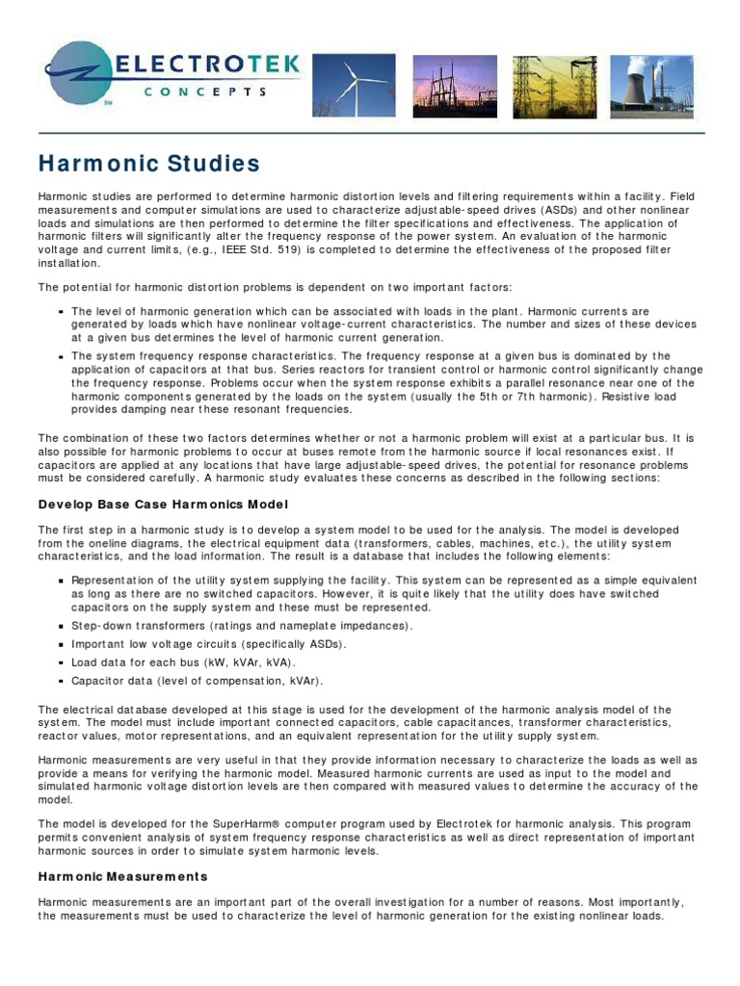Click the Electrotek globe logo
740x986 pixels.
coord(81,75)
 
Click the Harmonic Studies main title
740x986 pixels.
coord(148,163)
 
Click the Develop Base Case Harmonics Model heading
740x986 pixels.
coord(163,505)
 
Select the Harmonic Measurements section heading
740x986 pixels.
coord(122,876)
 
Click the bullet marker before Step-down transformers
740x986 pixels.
coord(61,626)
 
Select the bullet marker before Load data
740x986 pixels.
coord(61,662)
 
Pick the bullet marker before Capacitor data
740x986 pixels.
coord(61,681)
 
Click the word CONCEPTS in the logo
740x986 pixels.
coord(204,91)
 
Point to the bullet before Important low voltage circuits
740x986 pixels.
coord(61,644)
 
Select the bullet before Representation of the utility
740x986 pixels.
coord(61,581)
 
